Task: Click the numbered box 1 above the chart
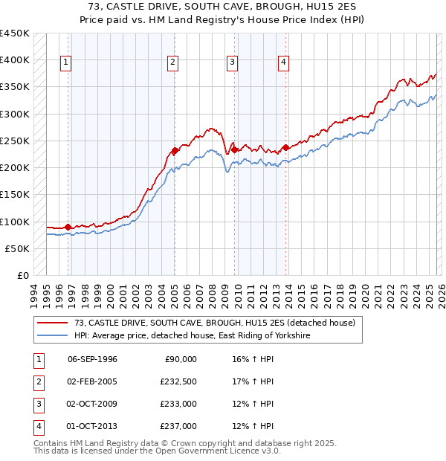[x=67, y=63]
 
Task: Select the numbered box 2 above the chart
[x=172, y=63]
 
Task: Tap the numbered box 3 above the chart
[x=233, y=63]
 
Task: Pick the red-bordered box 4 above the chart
[x=284, y=63]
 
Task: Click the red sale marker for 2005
[x=175, y=150]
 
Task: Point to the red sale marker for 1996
[x=68, y=227]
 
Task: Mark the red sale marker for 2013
[x=285, y=147]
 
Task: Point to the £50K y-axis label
[x=18, y=248]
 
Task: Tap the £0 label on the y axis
[x=23, y=275]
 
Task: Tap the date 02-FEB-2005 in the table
[x=92, y=381]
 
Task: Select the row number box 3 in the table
[x=37, y=404]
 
